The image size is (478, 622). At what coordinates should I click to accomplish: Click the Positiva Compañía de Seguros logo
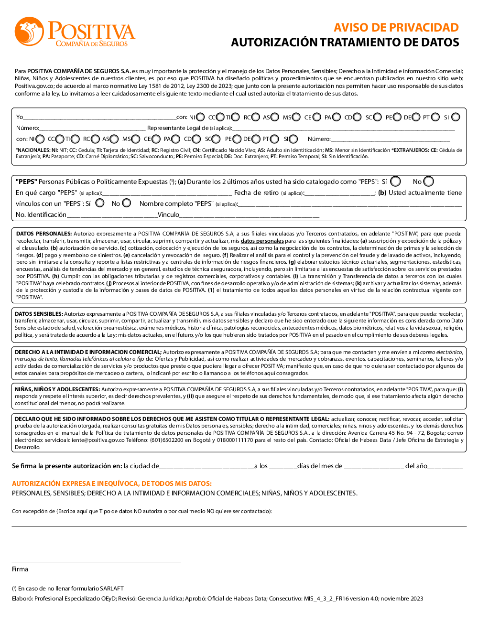75,32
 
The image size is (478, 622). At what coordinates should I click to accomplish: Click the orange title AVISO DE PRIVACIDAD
396,28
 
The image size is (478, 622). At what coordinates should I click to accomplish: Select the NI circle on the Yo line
200,117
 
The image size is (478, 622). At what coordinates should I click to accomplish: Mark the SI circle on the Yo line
456,117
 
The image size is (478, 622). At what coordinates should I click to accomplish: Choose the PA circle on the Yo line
337,117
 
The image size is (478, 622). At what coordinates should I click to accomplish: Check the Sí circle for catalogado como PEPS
395,182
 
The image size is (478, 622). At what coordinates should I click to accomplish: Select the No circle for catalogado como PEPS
428,182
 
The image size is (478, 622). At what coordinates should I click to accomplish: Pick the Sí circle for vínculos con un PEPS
100,203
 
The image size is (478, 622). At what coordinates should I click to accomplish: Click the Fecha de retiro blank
339,193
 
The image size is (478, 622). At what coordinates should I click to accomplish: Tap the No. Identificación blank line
112,215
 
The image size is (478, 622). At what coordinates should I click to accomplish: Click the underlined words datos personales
262,241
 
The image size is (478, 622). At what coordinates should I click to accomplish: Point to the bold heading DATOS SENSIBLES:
39,314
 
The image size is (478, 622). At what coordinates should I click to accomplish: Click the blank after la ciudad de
206,467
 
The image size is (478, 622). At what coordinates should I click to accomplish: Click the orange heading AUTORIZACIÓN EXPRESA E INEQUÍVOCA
112,483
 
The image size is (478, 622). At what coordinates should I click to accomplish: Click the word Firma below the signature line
20,569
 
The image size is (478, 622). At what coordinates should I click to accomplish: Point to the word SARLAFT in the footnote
111,589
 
